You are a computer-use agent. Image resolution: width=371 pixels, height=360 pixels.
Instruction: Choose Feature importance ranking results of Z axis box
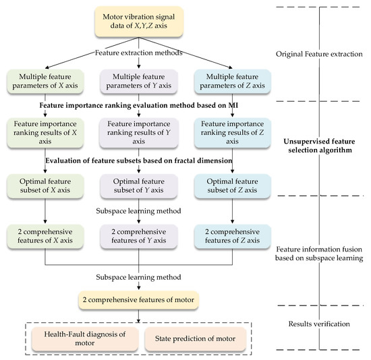234,132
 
